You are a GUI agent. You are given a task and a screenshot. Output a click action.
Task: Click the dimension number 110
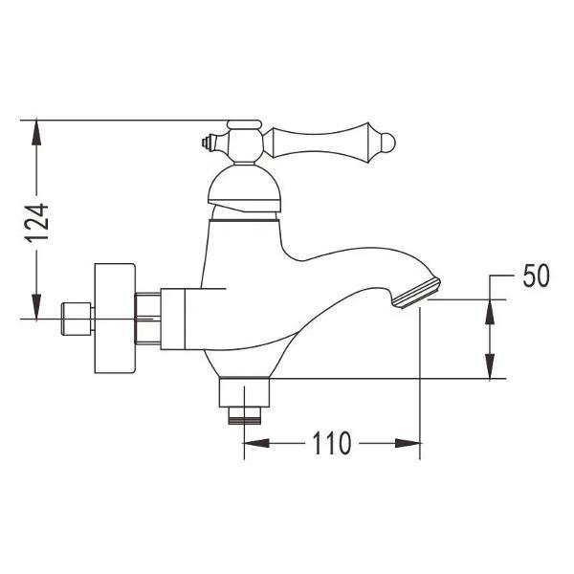click(330, 443)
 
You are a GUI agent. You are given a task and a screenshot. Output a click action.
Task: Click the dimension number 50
click(537, 277)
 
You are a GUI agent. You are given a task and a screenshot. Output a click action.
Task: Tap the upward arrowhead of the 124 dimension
click(36, 129)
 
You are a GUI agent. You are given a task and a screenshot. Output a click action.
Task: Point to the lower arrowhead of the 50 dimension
click(490, 367)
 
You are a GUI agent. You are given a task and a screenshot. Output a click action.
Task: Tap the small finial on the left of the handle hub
click(207, 144)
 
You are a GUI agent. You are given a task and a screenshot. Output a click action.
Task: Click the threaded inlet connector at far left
click(74, 318)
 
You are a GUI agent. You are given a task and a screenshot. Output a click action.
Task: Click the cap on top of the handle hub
click(243, 124)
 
